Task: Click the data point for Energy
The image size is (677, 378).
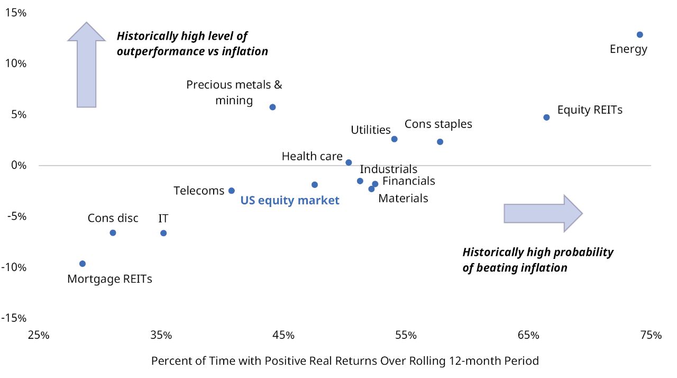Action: (639, 34)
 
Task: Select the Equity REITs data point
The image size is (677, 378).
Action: (546, 117)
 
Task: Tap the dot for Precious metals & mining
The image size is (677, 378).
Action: (272, 107)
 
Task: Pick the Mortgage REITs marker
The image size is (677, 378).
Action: (83, 264)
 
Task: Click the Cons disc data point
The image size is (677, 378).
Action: (113, 233)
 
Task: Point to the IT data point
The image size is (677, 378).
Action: (163, 233)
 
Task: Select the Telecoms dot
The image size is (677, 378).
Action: (231, 191)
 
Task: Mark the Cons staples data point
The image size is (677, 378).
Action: (440, 142)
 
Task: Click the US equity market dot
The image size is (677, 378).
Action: (315, 185)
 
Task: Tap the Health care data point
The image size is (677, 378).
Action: (349, 163)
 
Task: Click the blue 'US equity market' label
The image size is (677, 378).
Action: (290, 201)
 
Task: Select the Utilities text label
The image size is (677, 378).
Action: (371, 130)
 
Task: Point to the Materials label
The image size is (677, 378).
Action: (403, 199)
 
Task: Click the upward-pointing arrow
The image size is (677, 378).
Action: (86, 65)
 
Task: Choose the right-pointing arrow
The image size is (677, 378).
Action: (543, 213)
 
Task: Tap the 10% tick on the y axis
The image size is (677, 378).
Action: (15, 64)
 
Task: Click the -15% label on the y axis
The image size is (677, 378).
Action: (14, 318)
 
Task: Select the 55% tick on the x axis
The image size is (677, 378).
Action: (406, 335)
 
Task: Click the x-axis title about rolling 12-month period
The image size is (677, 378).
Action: (345, 361)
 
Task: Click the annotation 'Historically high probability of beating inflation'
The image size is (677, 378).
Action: (538, 259)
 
